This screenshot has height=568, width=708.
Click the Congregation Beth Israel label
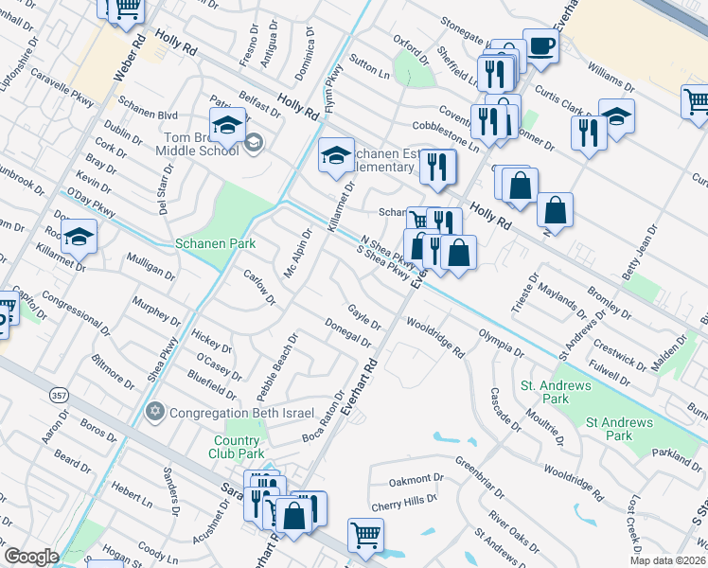[233, 412]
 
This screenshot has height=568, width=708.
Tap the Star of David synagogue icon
[155, 412]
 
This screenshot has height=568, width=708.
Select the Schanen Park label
[216, 243]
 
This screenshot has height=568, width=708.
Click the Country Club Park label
[236, 447]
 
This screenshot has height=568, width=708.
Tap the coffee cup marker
[540, 45]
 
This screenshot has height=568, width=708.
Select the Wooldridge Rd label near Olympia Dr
[434, 338]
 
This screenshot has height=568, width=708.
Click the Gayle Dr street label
[363, 316]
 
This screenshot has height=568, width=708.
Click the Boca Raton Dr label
[324, 417]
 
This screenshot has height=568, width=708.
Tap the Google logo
[31, 556]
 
